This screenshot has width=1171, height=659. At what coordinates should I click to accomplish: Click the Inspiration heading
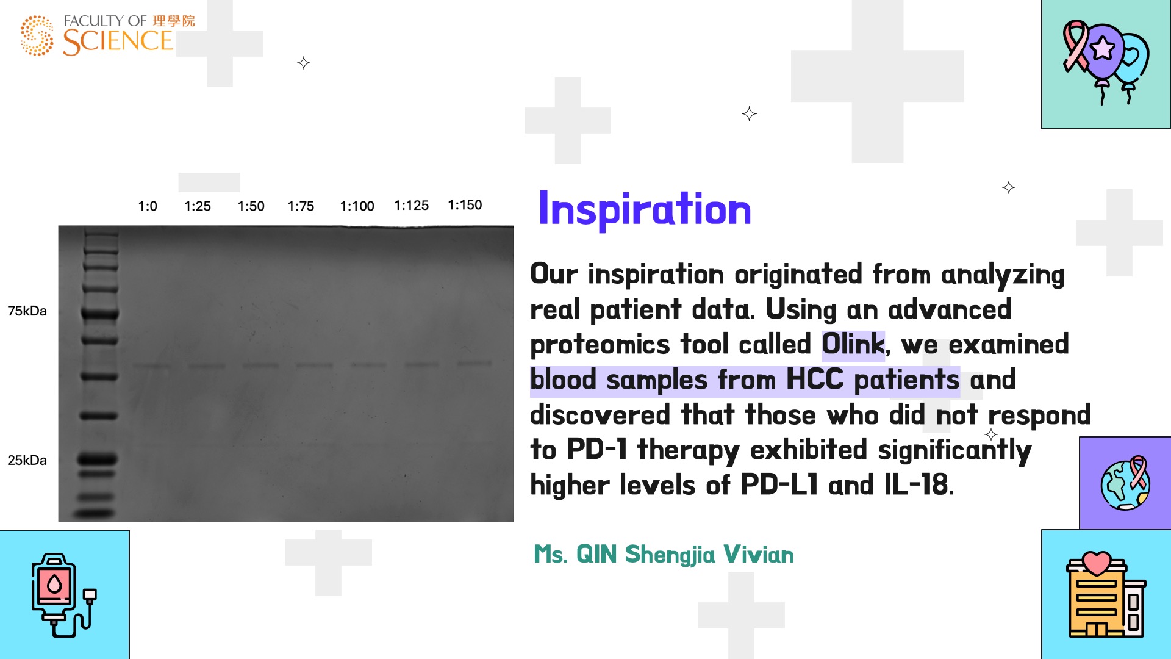tap(645, 210)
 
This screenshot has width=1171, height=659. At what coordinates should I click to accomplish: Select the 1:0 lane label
tap(148, 206)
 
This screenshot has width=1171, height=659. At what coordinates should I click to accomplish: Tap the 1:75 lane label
tap(301, 206)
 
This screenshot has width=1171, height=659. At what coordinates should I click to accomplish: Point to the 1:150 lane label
tap(465, 205)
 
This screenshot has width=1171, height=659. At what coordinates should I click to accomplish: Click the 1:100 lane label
tap(357, 206)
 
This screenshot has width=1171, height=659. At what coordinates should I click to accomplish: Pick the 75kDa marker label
tap(27, 311)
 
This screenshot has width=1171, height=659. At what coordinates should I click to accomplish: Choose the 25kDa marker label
tap(27, 460)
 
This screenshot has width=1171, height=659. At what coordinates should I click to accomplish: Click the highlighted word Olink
tap(853, 345)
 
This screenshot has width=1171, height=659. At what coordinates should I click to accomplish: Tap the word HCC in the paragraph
tap(815, 380)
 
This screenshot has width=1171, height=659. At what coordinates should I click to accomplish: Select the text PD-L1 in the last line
tap(779, 485)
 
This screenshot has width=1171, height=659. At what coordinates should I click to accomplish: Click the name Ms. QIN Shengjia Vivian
tap(664, 555)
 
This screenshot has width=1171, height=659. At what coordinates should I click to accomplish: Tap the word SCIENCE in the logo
tap(118, 41)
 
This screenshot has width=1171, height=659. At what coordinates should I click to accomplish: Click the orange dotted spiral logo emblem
tap(37, 35)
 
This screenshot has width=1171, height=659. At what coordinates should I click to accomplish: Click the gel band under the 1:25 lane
tap(206, 366)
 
